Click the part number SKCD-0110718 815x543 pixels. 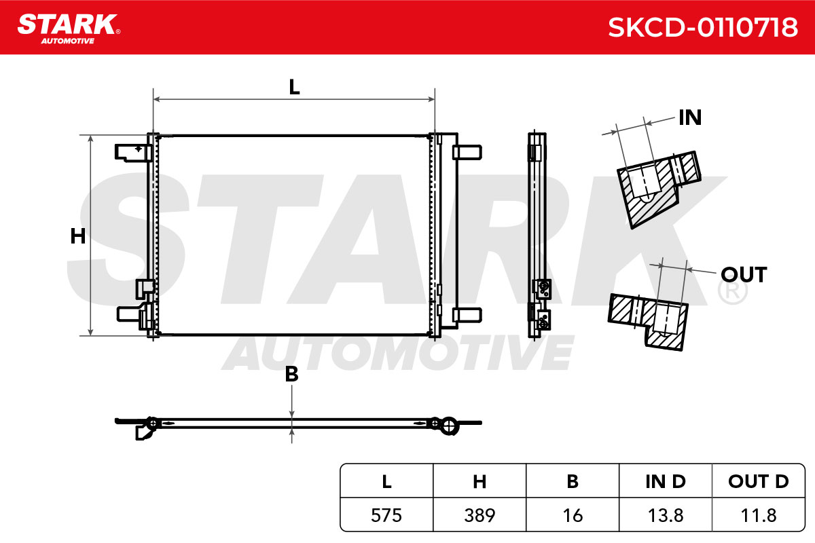coord(702,28)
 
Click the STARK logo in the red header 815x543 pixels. coord(69,29)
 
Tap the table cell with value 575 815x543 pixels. coord(386,515)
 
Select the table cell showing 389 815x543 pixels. coord(479,515)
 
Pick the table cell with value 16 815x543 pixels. coord(573,515)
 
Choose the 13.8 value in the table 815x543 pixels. coord(666,515)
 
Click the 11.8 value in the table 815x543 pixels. coord(759,515)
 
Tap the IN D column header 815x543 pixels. coord(666,481)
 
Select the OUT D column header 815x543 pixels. coord(759,481)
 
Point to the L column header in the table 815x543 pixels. coord(386,481)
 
